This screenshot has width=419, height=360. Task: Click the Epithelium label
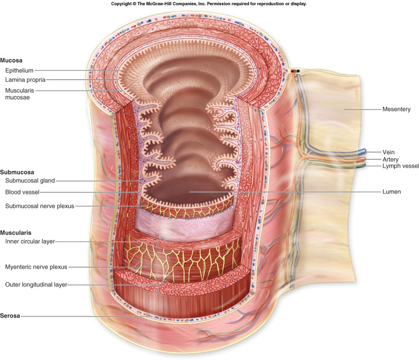pos(19,71)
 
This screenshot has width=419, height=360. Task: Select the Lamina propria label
pos(25,80)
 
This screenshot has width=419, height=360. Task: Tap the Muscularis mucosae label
pos(19,94)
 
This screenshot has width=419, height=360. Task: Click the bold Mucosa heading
pos(11,60)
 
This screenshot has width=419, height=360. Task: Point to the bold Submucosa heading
pos(17,172)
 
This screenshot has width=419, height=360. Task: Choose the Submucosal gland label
pos(30,181)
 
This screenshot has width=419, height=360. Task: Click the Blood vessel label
pos(22,192)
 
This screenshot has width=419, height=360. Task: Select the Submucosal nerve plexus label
pos(40,206)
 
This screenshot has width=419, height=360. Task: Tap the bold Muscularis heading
pos(16,233)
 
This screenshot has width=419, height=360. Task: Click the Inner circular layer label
pos(30,242)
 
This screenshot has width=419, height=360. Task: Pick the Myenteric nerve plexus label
pos(36,267)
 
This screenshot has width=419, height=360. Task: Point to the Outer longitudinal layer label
pos(36,285)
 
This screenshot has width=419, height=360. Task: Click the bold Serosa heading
pos(10,316)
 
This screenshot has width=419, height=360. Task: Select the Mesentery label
pos(396,110)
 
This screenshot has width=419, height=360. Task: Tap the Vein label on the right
pos(388,152)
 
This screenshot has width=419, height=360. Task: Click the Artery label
pos(390,159)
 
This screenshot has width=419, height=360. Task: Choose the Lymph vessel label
pos(401,166)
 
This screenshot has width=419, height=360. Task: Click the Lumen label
pos(391,192)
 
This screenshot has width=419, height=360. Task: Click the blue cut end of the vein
pos(362,151)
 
